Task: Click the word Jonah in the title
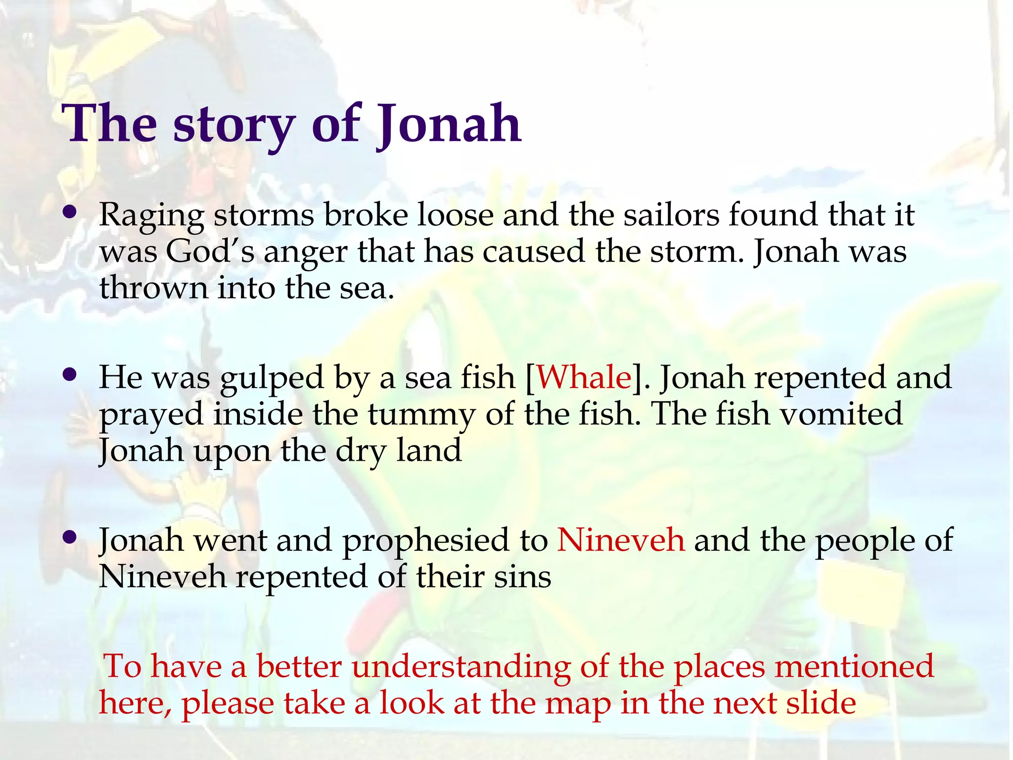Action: pos(448,124)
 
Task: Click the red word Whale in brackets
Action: pos(584,378)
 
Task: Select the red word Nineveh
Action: pos(621,540)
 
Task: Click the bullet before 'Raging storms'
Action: pos(70,213)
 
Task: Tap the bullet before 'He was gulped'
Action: pos(70,375)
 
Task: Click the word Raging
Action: pos(151,216)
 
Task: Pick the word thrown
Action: pos(154,288)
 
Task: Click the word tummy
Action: pos(420,415)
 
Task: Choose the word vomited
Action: pos(841,414)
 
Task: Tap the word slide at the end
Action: pos(821,703)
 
